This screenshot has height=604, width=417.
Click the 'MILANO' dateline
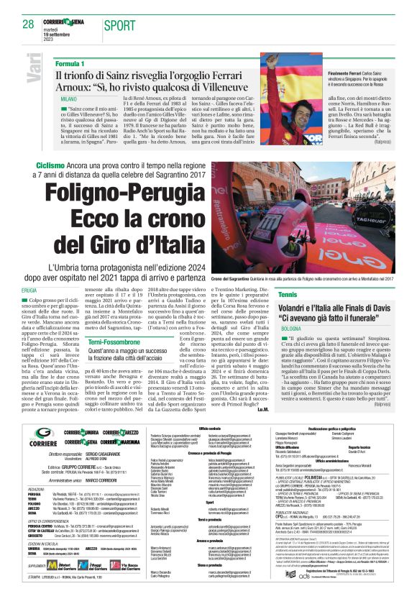click(69, 97)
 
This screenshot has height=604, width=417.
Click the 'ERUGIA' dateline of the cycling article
click(50, 289)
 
